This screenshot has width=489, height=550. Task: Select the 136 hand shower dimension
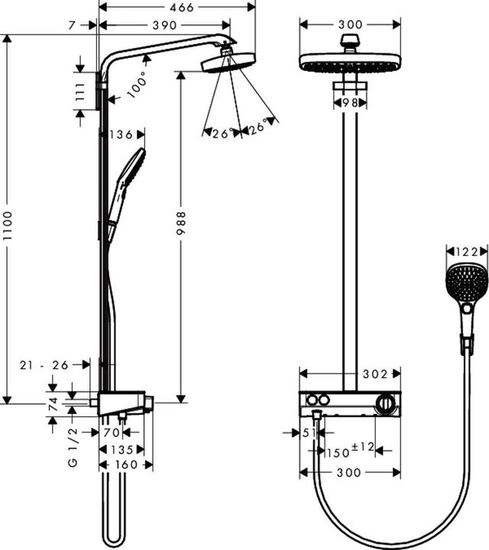click(x=121, y=135)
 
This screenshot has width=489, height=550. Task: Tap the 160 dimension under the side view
click(x=125, y=464)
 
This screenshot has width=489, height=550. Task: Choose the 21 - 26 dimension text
click(x=45, y=366)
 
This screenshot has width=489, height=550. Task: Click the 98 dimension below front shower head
click(x=350, y=102)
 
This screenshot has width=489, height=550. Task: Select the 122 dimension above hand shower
click(x=465, y=252)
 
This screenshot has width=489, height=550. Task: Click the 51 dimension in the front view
click(x=310, y=433)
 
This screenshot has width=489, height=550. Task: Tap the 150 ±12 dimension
click(x=352, y=451)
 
